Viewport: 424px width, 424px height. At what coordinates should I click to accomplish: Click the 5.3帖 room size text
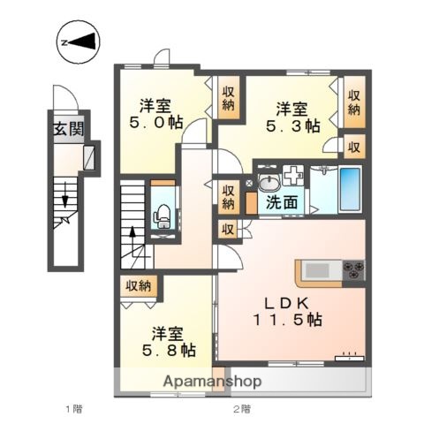(296, 126)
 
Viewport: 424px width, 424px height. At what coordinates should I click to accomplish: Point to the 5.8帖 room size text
(171, 351)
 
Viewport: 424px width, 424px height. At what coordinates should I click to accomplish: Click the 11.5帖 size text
(285, 322)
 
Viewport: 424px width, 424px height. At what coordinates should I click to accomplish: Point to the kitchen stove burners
(353, 269)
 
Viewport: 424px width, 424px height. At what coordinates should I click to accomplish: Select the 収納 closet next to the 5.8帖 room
(138, 286)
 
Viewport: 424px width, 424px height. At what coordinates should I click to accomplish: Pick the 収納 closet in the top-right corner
(353, 102)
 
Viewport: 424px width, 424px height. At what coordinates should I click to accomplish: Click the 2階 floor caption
(241, 408)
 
